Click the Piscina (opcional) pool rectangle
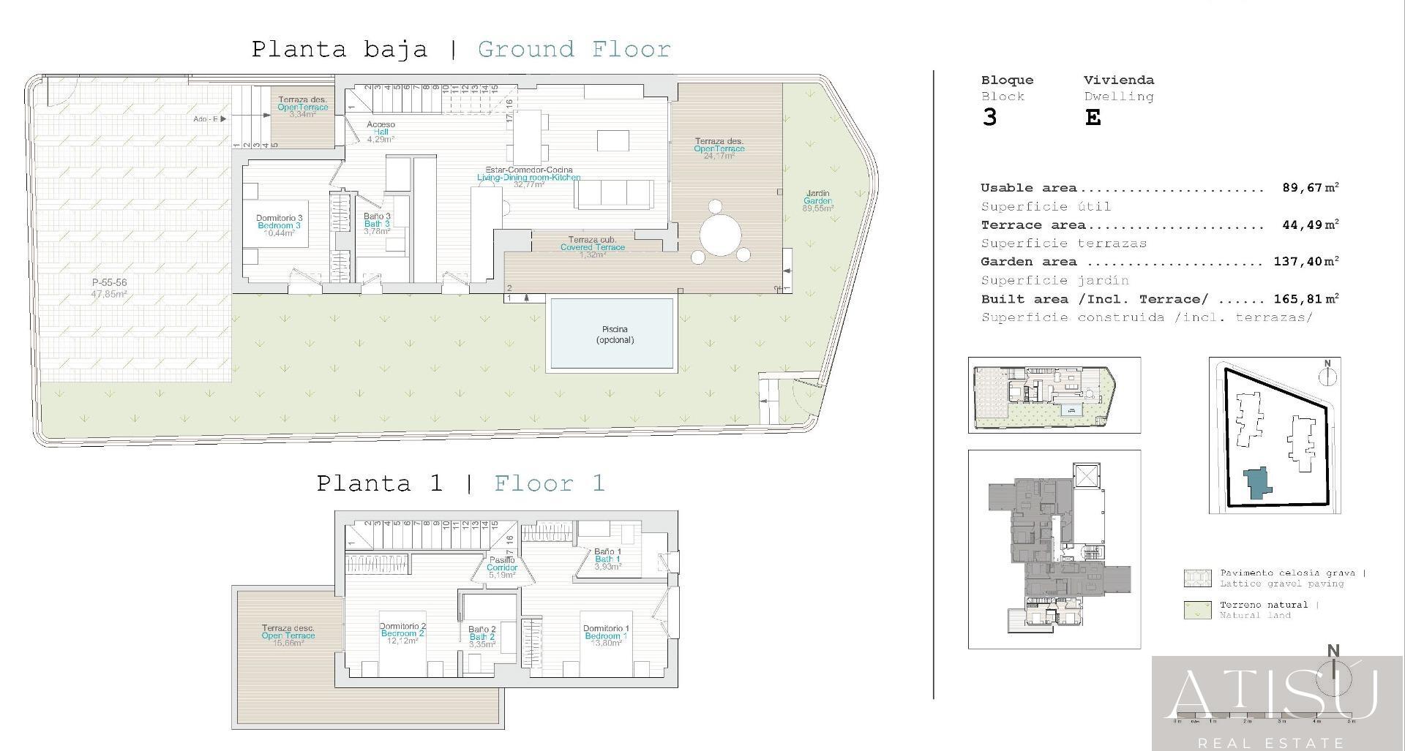611,334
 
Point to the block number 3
989,118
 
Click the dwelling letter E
1093,118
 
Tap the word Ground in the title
525,50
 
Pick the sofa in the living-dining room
614,195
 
